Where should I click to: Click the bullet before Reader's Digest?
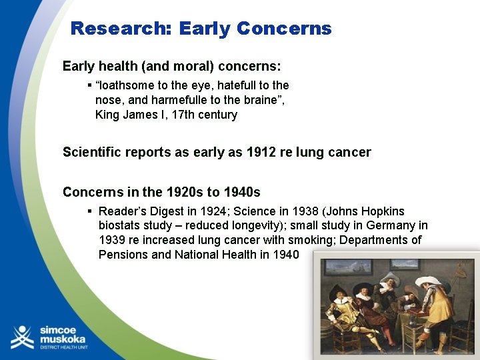click(x=89, y=211)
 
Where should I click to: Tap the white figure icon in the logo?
click(x=23, y=337)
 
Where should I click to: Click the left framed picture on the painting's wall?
click(x=348, y=268)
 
